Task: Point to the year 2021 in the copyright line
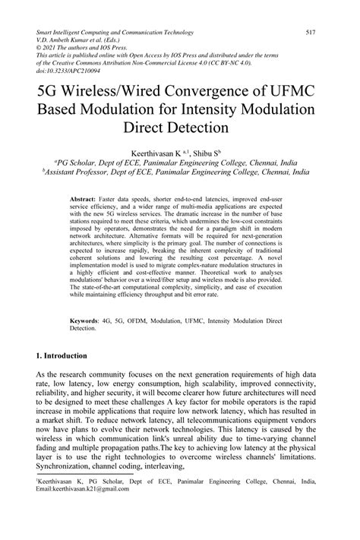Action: point(54,51)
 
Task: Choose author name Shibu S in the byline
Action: point(210,152)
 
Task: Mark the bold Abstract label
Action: point(85,196)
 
